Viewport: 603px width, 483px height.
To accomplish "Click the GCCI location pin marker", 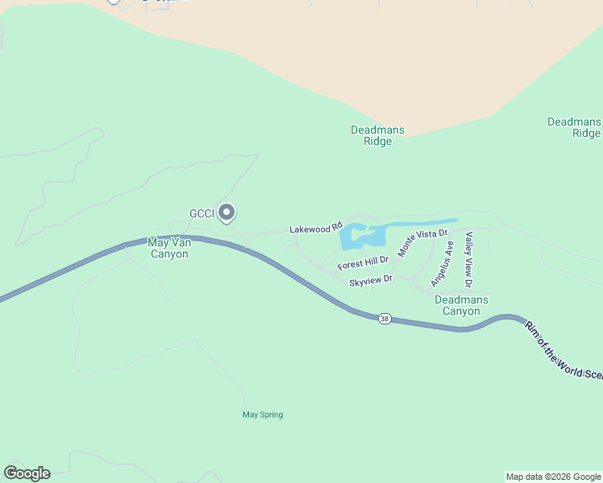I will pos(227,213).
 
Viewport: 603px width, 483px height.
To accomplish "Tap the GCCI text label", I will pos(201,213).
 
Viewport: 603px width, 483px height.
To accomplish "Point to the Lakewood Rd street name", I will pos(316,229).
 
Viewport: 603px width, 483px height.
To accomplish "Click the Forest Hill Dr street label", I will pos(363,262).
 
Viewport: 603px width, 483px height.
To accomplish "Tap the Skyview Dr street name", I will pos(370,281).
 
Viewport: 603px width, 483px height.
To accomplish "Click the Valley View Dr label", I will pos(468,258).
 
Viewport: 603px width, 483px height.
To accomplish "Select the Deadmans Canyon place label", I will pos(461,305).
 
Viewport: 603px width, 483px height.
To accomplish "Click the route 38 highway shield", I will pos(385,319).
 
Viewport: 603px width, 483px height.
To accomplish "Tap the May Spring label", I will pos(263,415).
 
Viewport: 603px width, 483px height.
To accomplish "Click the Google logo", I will pos(27,473).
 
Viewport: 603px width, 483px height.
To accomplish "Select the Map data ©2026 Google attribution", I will pos(553,477).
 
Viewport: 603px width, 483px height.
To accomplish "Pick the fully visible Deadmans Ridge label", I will pos(377,135).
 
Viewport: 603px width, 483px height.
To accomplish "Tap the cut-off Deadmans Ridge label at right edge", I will pos(574,127).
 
